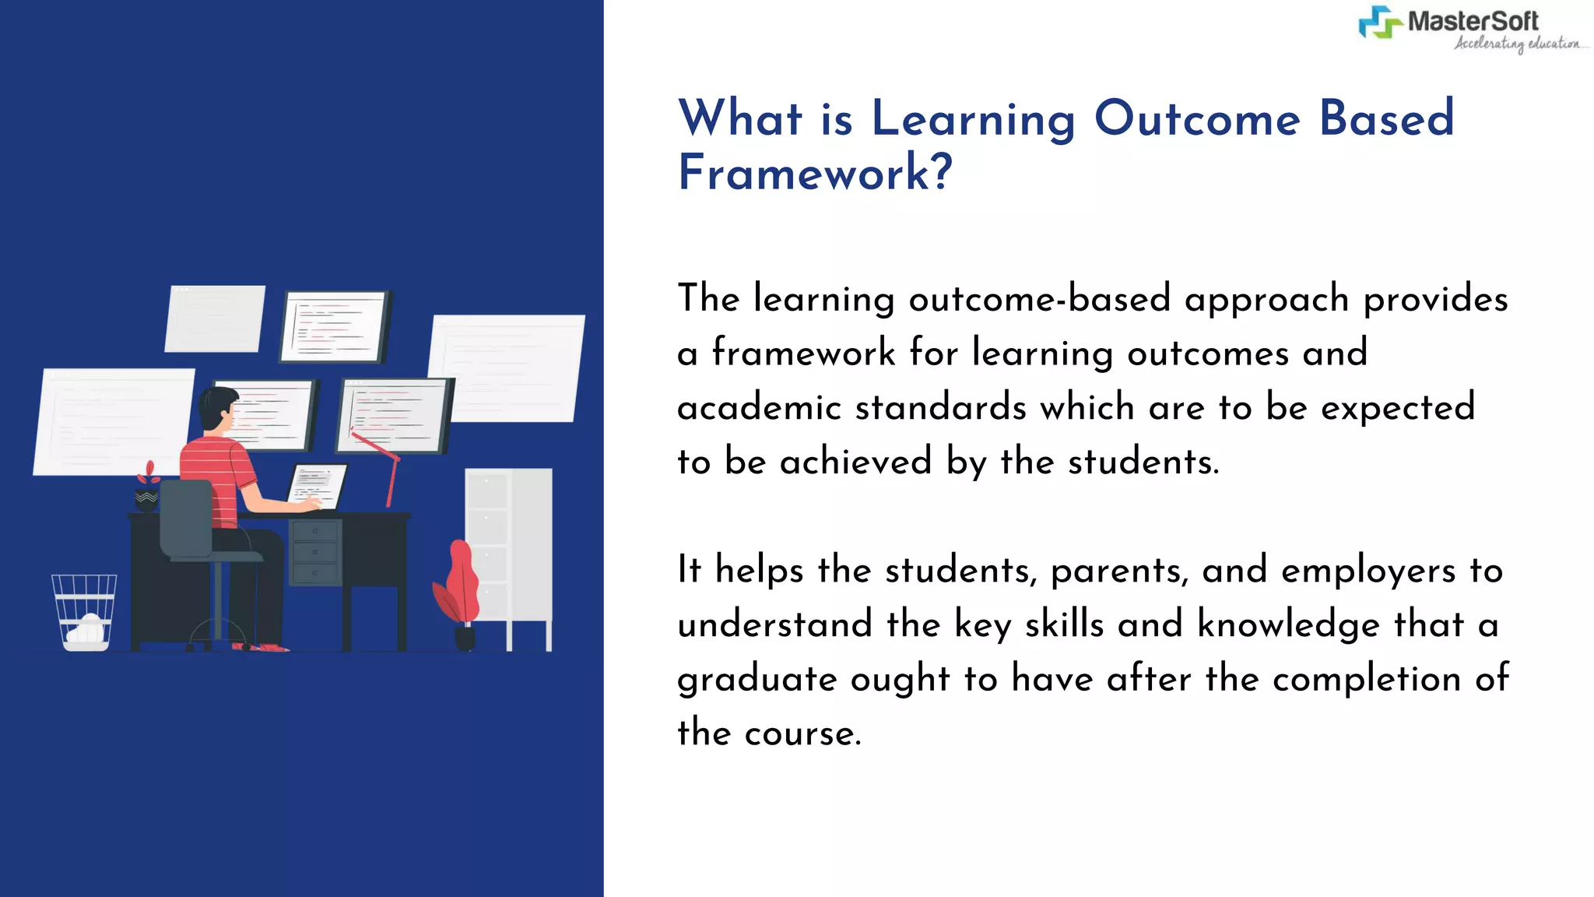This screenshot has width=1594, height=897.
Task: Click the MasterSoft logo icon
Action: coord(1380,22)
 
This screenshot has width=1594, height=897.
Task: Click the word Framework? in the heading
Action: coord(814,173)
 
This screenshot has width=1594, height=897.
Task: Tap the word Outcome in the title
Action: coord(1197,118)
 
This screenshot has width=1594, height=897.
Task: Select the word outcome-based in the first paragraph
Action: coord(1039,299)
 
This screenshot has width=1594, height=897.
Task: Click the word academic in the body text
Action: coord(759,408)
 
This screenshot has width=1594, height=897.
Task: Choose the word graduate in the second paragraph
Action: coord(757,680)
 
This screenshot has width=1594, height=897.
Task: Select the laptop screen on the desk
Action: coord(317,485)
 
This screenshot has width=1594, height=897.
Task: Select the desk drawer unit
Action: coord(314,552)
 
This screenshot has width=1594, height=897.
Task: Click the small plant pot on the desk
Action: coord(146,499)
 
